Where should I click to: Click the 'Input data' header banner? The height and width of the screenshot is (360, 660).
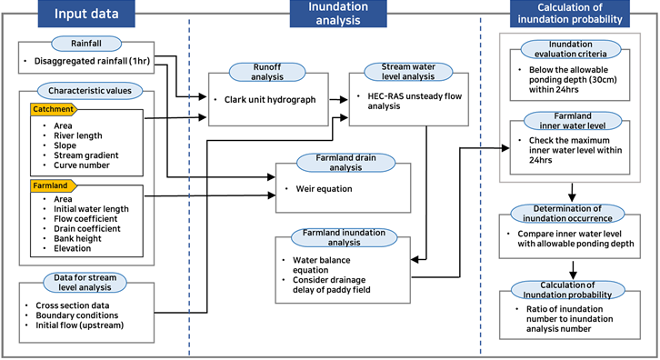pos(86,14)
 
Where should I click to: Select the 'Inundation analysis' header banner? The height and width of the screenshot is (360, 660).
pos(338,14)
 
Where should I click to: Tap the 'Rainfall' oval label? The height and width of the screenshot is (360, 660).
pos(86,44)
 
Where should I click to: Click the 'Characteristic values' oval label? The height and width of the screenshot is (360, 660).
pos(90,91)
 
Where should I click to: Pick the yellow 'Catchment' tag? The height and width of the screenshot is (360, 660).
pos(54,109)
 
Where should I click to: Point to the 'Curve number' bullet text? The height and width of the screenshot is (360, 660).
pos(82,165)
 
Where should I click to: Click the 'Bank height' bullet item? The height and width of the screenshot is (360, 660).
pos(77,238)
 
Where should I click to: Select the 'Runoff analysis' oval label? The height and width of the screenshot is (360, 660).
pos(267,72)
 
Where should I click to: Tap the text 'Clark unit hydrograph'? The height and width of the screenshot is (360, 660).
pos(270,100)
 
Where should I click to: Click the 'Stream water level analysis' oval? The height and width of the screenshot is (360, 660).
pos(408,72)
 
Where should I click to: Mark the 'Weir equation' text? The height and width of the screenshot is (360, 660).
pos(325,188)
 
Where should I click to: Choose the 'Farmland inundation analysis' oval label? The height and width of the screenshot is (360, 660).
pos(344,237)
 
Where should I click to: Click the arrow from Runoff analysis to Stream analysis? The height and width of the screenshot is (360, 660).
pos(338,100)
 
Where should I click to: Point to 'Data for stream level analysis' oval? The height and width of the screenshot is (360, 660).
pos(85,283)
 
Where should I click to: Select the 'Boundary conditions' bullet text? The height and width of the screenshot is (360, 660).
pos(77,315)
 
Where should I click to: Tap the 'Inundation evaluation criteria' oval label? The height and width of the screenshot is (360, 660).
pos(571,49)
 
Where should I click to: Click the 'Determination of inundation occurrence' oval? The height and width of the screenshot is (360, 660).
pos(567,214)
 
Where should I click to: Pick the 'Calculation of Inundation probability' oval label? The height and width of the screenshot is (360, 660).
pos(567,290)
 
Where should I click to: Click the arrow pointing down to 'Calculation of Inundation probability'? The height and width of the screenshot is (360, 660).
pos(573,270)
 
